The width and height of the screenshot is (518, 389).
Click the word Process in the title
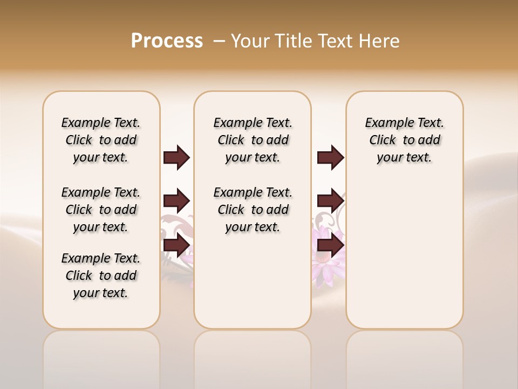[167, 41]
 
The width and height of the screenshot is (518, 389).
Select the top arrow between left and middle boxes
[176, 158]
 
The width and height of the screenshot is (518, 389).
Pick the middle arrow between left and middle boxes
[176, 202]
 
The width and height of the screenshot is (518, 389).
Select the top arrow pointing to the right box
[330, 158]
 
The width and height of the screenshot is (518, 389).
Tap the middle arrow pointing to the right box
[330, 202]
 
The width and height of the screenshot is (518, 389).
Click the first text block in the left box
[101, 140]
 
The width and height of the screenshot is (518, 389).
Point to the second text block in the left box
[101, 210]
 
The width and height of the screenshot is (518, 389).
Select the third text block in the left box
[101, 276]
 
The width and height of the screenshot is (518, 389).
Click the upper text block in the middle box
[253, 140]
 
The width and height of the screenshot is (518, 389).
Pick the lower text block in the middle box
[253, 210]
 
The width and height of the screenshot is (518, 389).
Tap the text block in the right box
[404, 140]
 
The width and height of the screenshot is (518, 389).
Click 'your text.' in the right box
[404, 158]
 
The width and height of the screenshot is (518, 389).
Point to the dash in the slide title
[219, 41]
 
